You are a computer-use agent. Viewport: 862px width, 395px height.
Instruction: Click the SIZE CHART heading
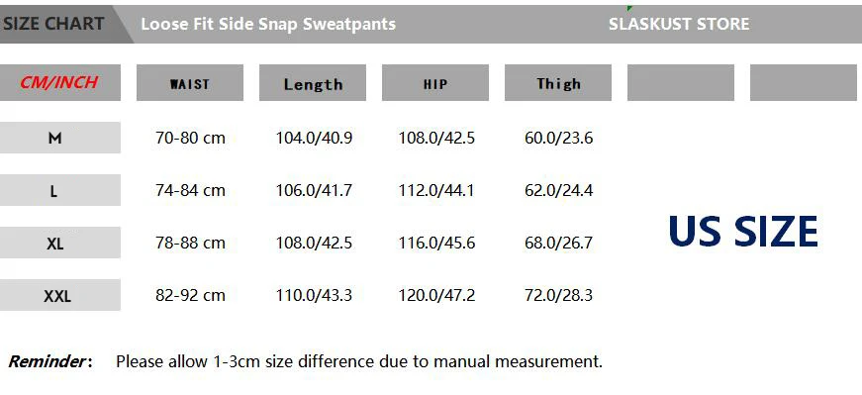coord(53,24)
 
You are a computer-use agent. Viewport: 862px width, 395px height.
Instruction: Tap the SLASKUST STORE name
coord(679,24)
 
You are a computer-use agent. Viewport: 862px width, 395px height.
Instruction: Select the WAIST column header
coord(190,83)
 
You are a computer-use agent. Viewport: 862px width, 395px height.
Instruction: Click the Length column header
coord(313,84)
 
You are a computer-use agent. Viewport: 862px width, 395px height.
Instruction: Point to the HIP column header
coord(435,84)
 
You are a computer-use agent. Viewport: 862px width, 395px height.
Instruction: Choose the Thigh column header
coord(558,83)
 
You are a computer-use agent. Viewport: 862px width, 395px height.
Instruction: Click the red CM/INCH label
coord(58,82)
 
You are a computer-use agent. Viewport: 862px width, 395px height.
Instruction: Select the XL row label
coord(55,244)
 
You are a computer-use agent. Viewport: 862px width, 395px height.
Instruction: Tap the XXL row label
coord(57,297)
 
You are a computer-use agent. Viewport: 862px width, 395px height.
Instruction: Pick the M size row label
coord(54,138)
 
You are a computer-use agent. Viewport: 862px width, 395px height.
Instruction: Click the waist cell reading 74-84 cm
coord(190,190)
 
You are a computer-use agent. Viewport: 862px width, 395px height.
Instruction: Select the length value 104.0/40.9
coord(314,138)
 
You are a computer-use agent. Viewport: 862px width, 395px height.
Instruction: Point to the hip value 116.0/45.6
coord(436,243)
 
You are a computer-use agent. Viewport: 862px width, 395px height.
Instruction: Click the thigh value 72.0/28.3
coord(558,295)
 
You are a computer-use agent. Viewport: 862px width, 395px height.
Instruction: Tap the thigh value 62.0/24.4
coord(558,190)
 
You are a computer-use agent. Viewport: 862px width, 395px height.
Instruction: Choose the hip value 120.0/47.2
coord(436,295)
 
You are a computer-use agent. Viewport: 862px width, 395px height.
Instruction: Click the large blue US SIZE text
coord(742,231)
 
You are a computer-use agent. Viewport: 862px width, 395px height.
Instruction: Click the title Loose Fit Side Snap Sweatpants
coord(268,24)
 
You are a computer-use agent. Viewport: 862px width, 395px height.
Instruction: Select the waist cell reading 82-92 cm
coord(190,295)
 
